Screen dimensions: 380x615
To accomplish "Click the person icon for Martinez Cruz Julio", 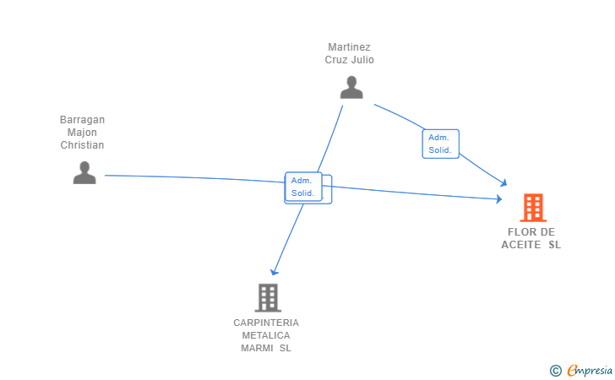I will pos(351,87).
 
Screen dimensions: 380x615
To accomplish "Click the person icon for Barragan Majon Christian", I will pos(84,172).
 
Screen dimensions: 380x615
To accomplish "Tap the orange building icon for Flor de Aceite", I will pos(533,207).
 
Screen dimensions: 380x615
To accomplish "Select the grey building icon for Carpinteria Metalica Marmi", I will pos(267,297).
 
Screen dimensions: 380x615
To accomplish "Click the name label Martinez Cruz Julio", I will pos(350,54).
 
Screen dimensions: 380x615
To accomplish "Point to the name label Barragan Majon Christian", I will pos(82,133).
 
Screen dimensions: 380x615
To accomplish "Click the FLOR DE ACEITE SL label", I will pos(531,238).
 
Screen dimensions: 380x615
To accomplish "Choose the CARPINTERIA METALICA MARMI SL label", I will pos(266,335).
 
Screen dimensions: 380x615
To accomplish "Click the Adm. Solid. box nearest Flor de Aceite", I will pos(440,144).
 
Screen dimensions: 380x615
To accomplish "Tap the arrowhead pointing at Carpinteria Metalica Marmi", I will pos(274,272).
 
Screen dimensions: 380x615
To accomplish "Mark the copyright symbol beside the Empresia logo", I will pos(555,370).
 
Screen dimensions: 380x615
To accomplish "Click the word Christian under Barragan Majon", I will pos(82,145).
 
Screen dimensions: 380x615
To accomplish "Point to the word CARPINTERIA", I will pos(266,323).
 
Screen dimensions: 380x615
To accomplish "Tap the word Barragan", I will pos(82,120).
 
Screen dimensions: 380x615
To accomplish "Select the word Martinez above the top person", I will pos(350,47).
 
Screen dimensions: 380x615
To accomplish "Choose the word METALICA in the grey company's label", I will pos(266,335).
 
